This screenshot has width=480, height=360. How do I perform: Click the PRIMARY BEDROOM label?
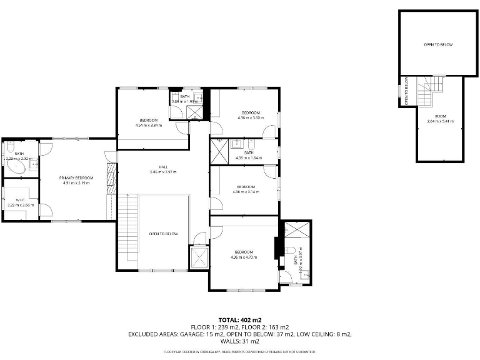pyautogui.click(x=76, y=178)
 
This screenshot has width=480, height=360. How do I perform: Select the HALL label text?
pyautogui.click(x=163, y=167)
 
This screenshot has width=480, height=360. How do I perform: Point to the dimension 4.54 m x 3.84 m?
pyautogui.click(x=148, y=125)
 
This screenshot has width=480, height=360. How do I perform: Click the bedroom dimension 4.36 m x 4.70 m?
pyautogui.click(x=244, y=257)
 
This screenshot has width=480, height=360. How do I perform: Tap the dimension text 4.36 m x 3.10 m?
pyautogui.click(x=250, y=117)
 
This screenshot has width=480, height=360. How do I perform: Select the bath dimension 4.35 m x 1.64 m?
pyautogui.click(x=248, y=157)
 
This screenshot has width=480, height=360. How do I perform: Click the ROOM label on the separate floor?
pyautogui.click(x=441, y=116)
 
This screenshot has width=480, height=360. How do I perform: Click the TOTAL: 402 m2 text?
pyautogui.click(x=240, y=320)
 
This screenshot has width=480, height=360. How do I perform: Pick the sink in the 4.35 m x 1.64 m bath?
pyautogui.click(x=237, y=144)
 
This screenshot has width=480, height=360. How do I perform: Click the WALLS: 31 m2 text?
pyautogui.click(x=240, y=341)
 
